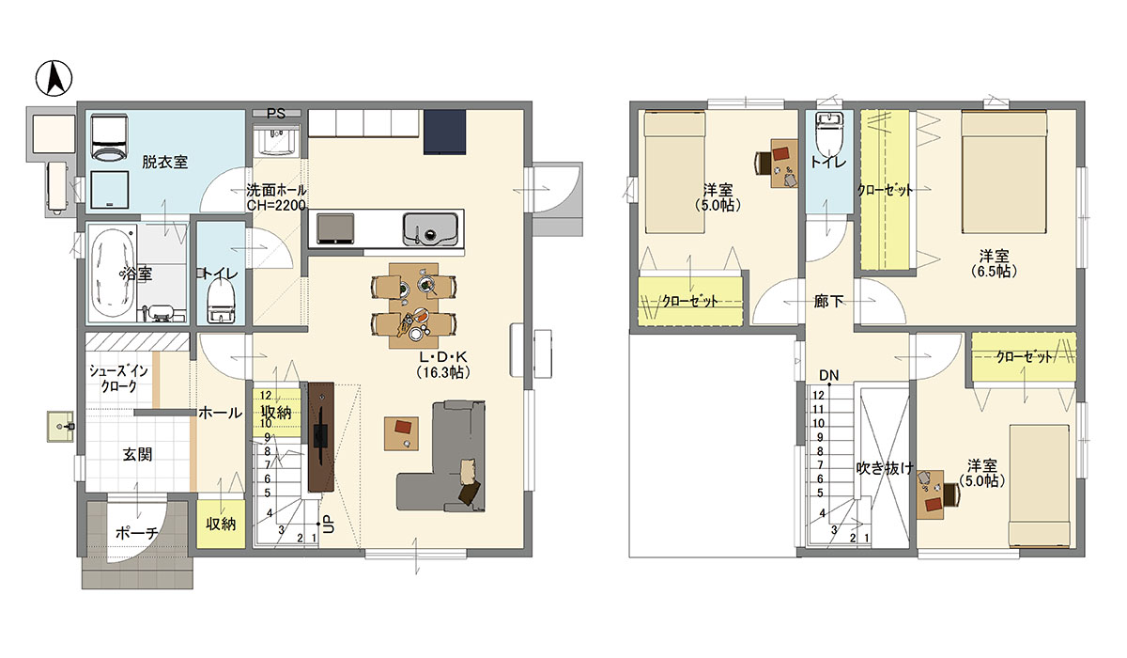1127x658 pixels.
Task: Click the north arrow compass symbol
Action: (54, 78)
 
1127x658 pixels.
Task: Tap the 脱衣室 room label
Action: (164, 162)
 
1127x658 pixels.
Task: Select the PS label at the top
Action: (276, 114)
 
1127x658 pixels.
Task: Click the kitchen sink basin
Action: (430, 229)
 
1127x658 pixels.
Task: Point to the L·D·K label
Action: (443, 357)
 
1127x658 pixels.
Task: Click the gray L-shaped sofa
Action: (441, 456)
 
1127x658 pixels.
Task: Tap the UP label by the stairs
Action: (328, 525)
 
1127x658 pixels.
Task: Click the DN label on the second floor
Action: (828, 375)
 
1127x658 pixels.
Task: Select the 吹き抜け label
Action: (885, 468)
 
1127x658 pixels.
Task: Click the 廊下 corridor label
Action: (828, 301)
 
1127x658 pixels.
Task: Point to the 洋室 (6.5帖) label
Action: (994, 263)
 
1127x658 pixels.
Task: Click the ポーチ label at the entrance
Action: (136, 533)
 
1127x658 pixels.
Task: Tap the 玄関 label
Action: (137, 455)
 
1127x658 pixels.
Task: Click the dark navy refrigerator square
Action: (445, 132)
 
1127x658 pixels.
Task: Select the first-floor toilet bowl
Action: (222, 301)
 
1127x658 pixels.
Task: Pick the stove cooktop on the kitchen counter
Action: (335, 229)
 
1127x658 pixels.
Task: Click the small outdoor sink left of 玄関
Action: (61, 427)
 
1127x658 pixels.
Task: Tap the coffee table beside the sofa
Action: (402, 433)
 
